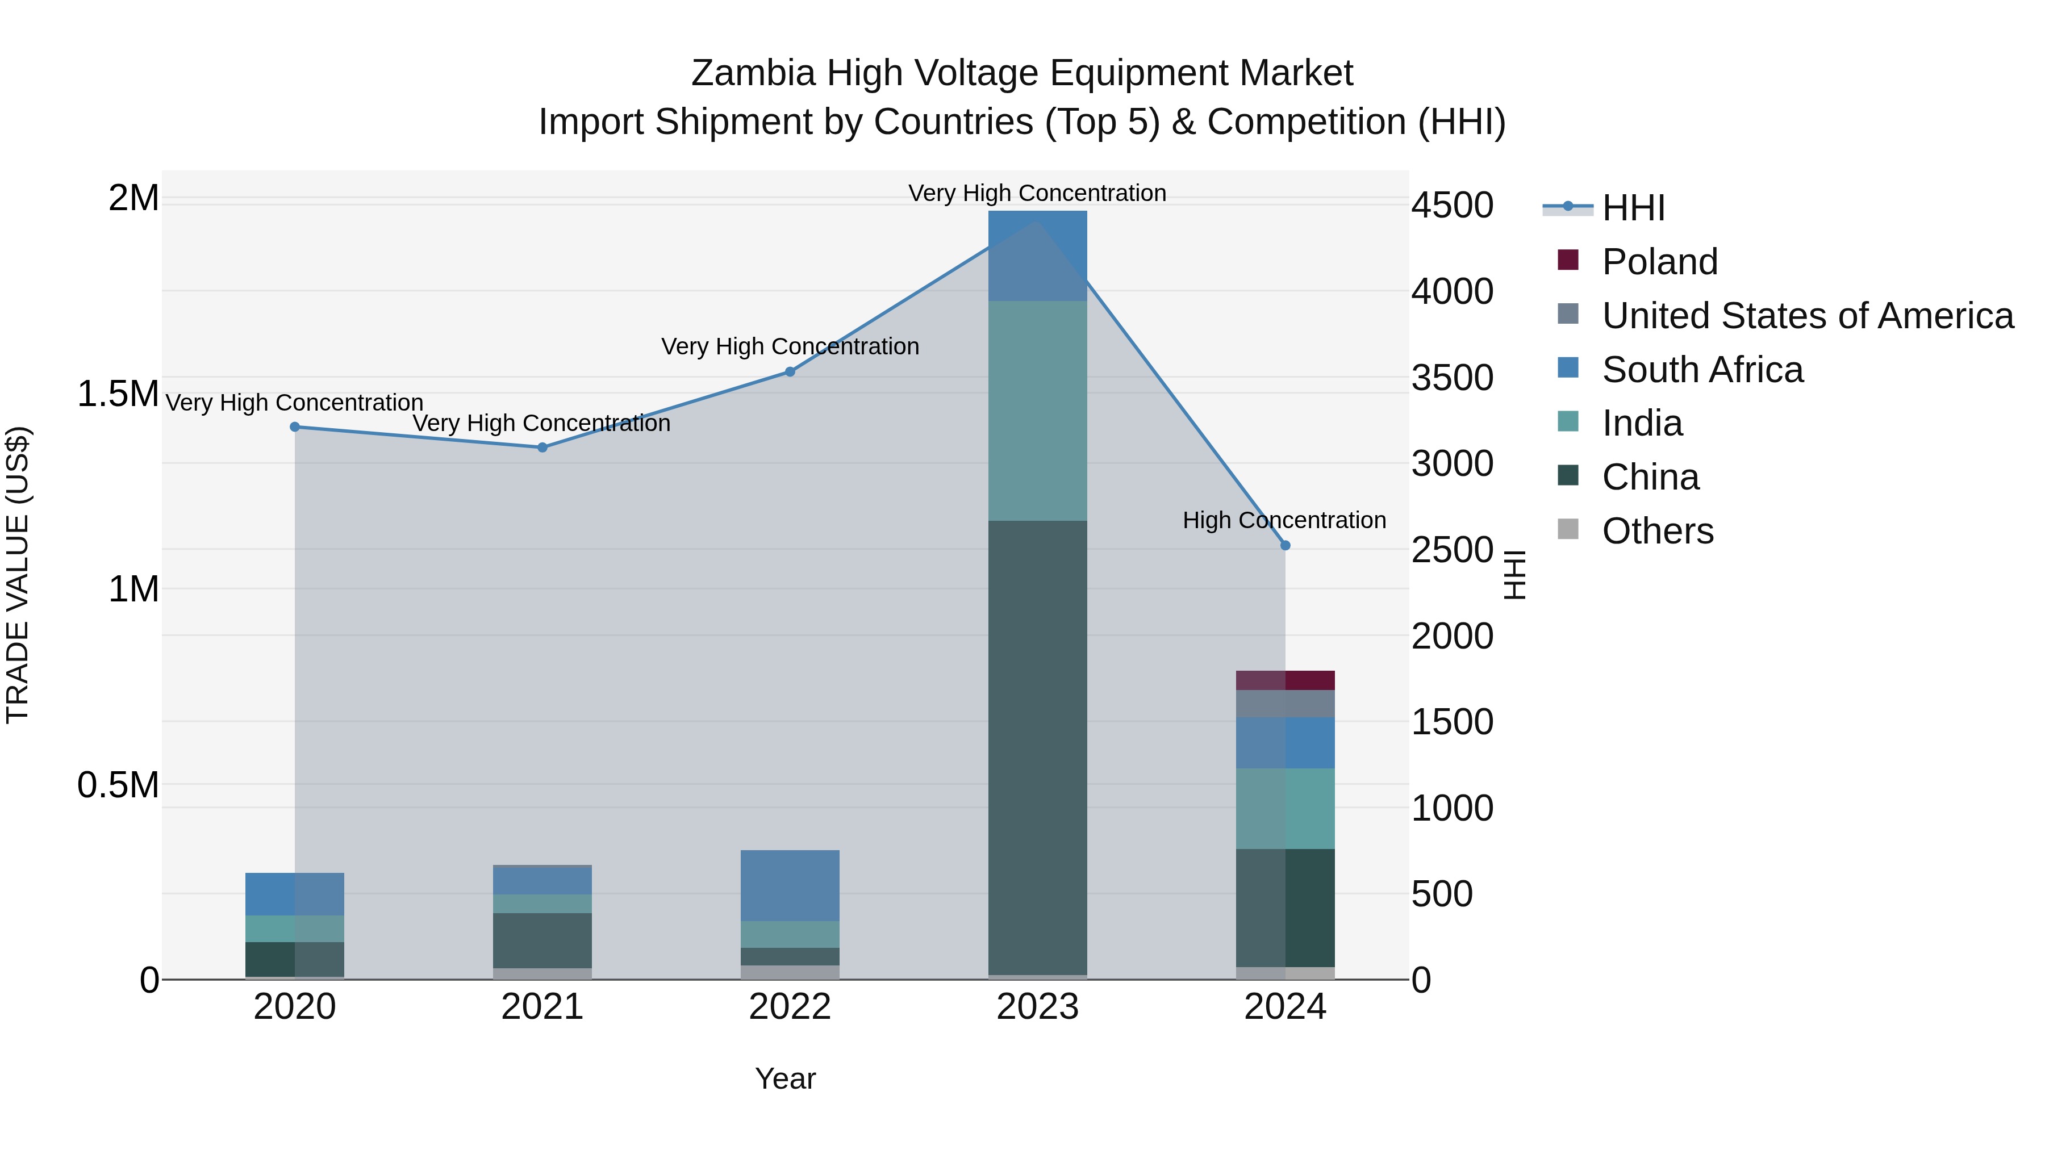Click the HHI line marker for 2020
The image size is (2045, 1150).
point(294,427)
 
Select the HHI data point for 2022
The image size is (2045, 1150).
point(790,371)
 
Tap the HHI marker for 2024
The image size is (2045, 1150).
point(1286,545)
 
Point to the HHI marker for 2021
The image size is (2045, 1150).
point(542,448)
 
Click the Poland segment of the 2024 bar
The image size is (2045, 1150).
point(1286,680)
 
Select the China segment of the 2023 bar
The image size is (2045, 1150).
point(1038,746)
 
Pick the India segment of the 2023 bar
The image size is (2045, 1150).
point(1038,411)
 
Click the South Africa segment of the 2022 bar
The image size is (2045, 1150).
point(790,885)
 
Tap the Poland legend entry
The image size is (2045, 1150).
point(1659,262)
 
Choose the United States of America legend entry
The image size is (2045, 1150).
point(1807,316)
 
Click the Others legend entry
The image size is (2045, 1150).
point(1657,531)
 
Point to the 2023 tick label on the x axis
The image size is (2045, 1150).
point(1038,1007)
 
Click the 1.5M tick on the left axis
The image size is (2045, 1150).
point(118,394)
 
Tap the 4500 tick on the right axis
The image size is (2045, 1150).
point(1452,205)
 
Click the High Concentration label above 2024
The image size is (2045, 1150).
point(1284,521)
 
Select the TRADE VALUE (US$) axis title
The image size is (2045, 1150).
point(18,575)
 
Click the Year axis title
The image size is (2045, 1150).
point(785,1078)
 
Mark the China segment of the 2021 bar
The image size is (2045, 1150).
point(542,940)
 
